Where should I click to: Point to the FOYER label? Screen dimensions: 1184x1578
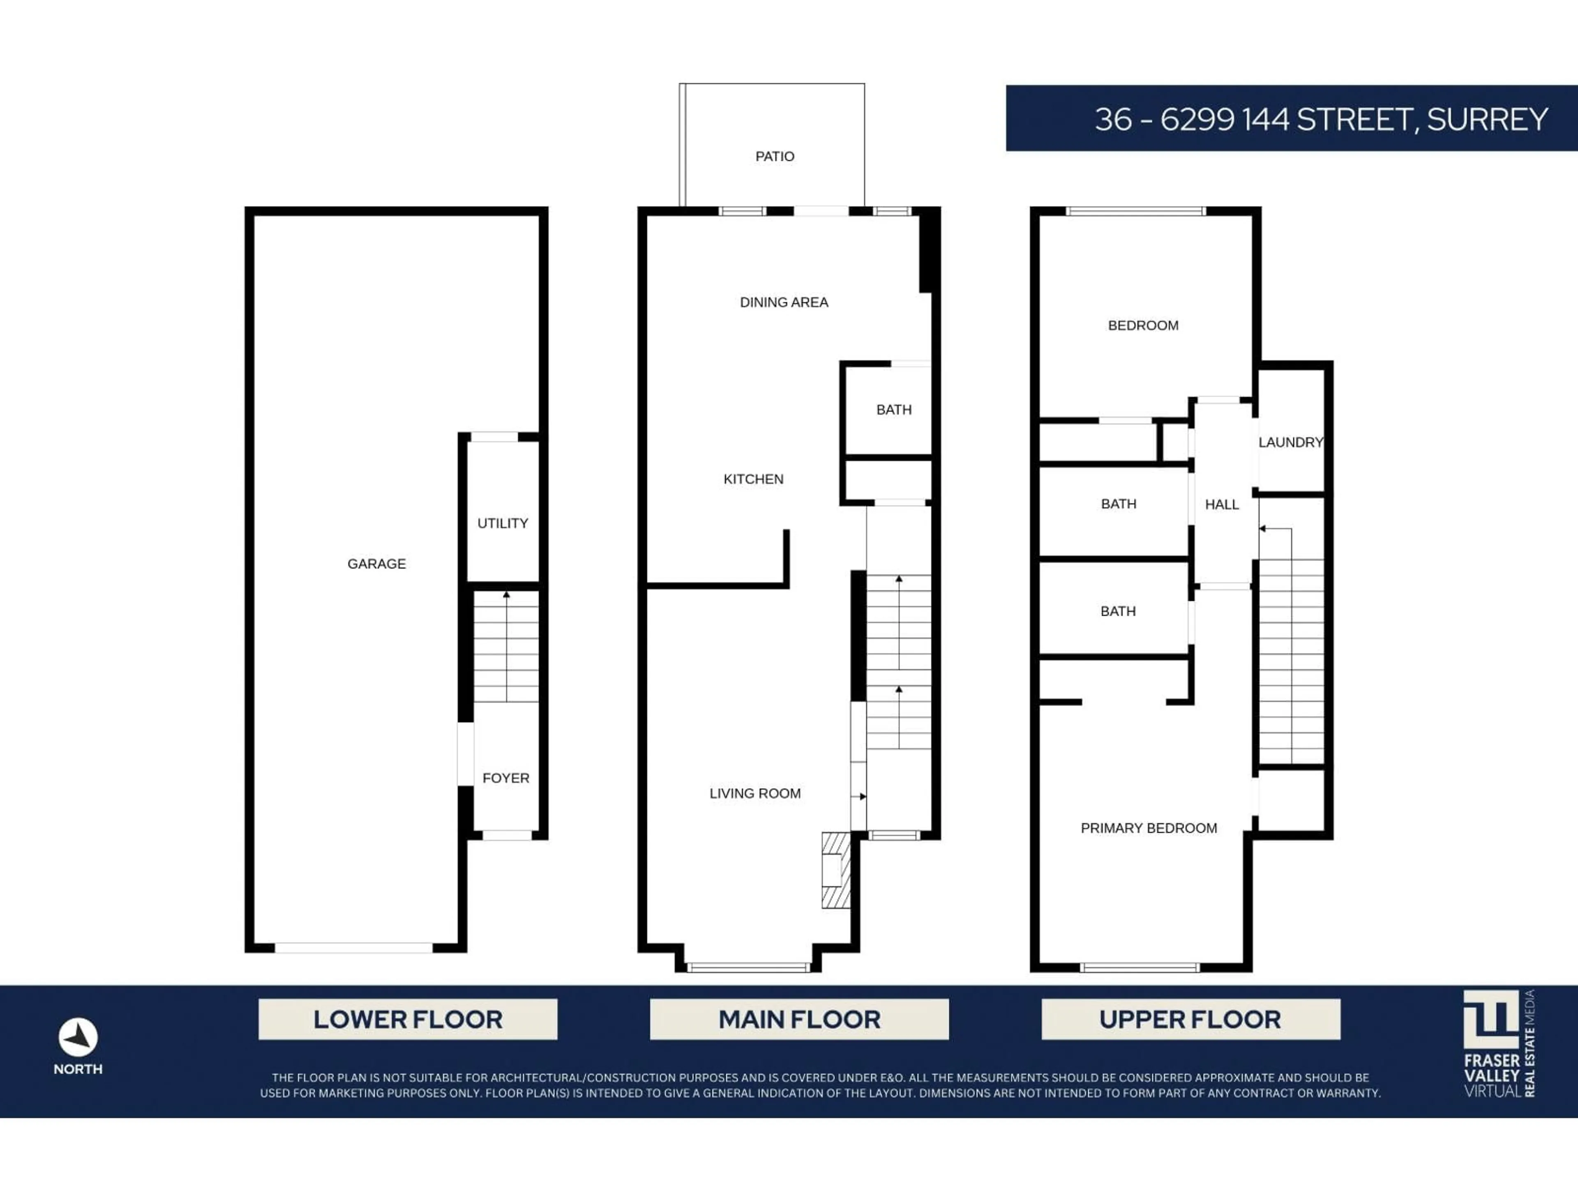[x=506, y=778]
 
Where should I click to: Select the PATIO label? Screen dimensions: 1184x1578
[x=775, y=156]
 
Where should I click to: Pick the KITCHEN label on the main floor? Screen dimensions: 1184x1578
[x=753, y=479]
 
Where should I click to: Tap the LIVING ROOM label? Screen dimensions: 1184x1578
[x=755, y=793]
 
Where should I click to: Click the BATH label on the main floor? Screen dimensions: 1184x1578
[x=894, y=409]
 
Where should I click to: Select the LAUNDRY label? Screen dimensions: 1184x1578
[x=1290, y=442]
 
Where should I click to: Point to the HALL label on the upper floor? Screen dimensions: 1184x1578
[x=1221, y=504]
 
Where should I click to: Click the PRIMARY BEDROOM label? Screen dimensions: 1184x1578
[x=1149, y=828]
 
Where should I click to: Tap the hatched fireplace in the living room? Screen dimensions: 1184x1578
[x=836, y=870]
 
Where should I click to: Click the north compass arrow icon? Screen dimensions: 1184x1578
[x=78, y=1037]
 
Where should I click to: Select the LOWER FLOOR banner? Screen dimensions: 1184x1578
[x=407, y=1019]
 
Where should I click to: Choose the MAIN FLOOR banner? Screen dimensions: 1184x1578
[x=799, y=1019]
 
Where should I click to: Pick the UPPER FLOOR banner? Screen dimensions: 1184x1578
[x=1190, y=1019]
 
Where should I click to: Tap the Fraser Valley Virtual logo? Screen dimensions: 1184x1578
[x=1499, y=1043]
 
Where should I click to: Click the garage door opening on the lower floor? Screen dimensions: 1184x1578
[x=354, y=948]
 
